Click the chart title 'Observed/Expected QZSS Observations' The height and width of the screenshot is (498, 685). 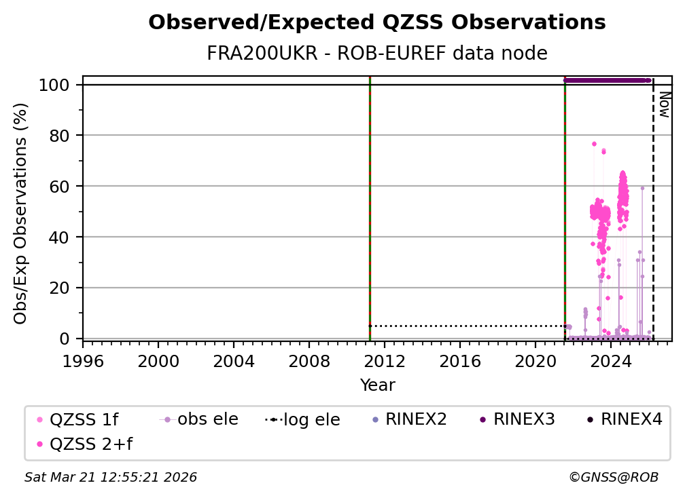click(376, 23)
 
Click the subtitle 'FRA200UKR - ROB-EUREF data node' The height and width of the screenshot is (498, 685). click(376, 53)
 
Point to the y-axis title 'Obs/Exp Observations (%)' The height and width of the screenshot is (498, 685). click(21, 213)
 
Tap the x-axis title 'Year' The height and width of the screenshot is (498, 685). click(377, 385)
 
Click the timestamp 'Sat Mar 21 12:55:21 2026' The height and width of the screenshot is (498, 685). click(111, 478)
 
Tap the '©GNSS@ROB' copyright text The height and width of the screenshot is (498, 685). click(613, 478)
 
